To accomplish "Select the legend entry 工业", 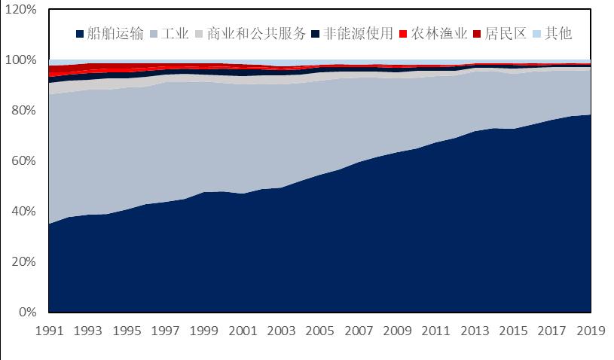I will coord(175,34).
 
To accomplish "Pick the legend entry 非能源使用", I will coord(358,34).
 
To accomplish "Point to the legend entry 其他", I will coord(558,34).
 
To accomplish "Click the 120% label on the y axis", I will coord(21,10).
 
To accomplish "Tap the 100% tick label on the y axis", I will coord(21,60).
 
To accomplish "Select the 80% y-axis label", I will coord(24,111).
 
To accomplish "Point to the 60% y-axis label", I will coord(24,161).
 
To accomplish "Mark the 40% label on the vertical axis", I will coord(24,212).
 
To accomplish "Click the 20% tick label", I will coord(24,262).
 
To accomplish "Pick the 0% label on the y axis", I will coord(27,312).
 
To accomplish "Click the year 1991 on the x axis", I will coord(49,331).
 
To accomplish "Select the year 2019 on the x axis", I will coord(591,331).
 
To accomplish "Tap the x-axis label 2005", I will coord(320,331).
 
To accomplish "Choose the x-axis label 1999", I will coord(203,331).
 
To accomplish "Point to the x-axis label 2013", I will coord(475,331).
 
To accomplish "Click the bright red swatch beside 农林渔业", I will coord(403,34).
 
